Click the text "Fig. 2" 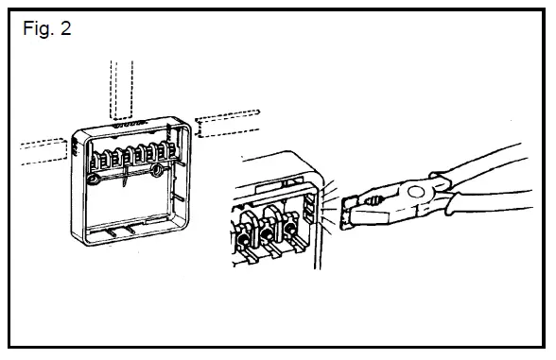click(46, 27)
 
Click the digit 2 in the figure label click(64, 27)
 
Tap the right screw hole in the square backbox click(155, 171)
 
